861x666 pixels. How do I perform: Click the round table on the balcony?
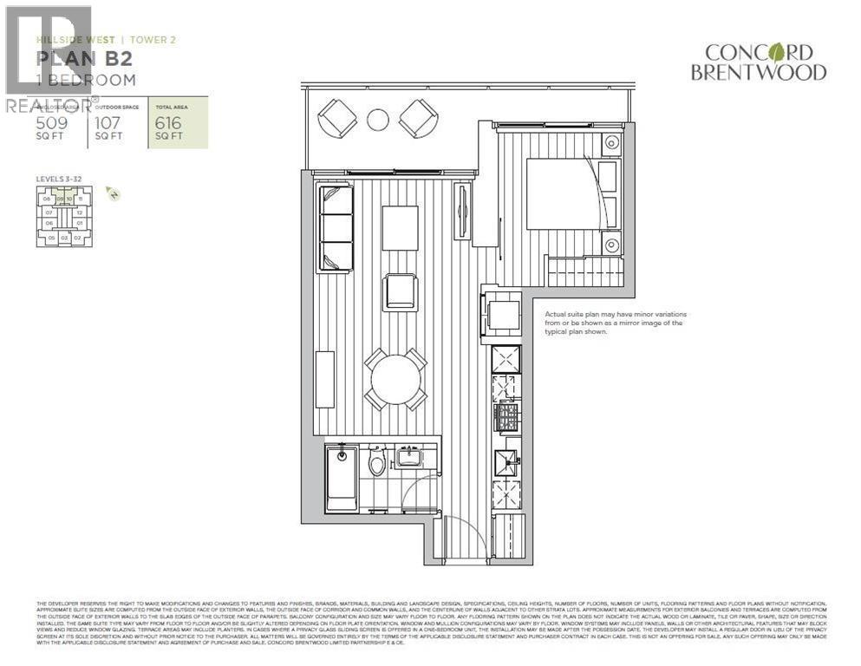[x=378, y=120]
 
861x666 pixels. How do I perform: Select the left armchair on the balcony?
[x=336, y=118]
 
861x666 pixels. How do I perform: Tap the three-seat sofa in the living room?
[x=336, y=228]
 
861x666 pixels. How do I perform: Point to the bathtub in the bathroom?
[x=341, y=480]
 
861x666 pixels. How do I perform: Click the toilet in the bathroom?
[x=376, y=463]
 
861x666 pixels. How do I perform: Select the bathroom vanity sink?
[x=408, y=457]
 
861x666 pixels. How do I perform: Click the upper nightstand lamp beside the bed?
[x=612, y=143]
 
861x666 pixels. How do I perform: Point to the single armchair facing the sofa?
[x=401, y=291]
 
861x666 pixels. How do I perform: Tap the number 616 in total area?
[x=169, y=122]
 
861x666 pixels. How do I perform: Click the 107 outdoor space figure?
[x=108, y=122]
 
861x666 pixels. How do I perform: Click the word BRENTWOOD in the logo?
[x=759, y=73]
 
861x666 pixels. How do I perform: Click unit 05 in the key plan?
[x=51, y=237]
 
